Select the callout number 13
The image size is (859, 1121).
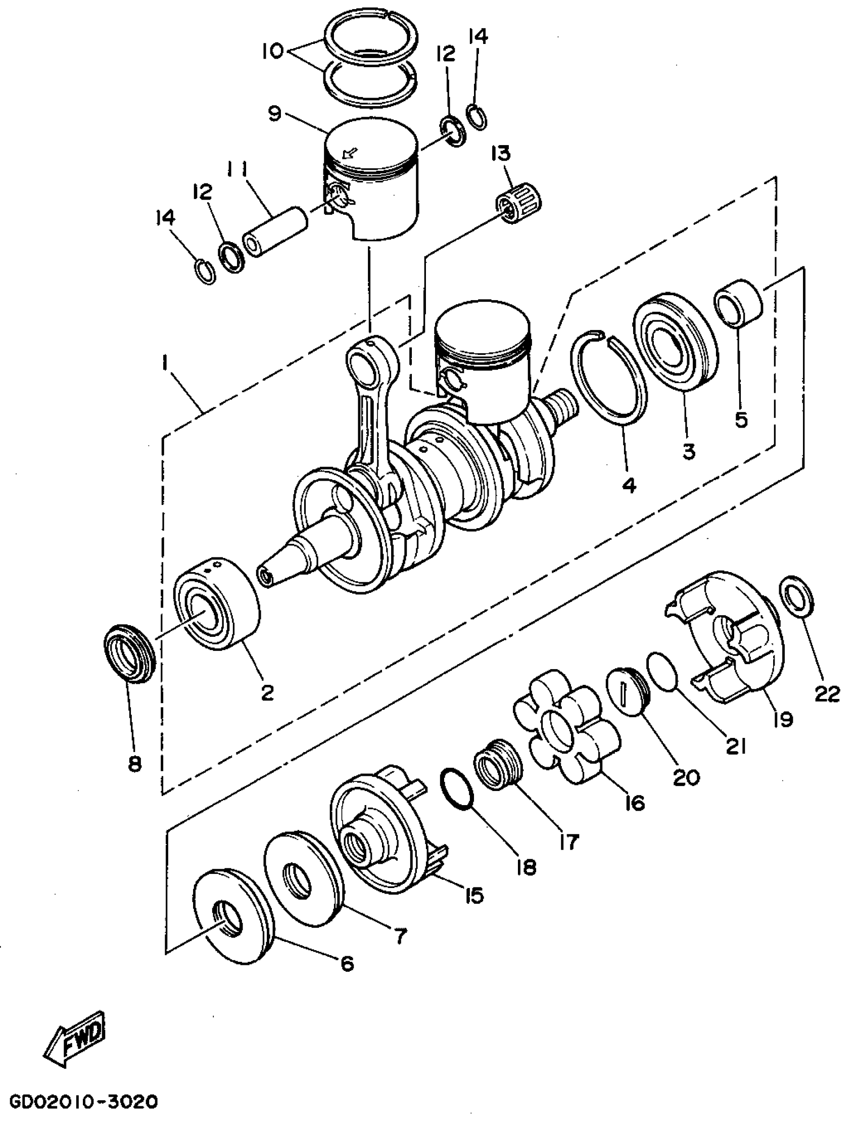(501, 153)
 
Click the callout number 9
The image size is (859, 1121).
(274, 113)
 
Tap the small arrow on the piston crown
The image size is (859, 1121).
(351, 152)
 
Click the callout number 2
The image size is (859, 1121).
(267, 693)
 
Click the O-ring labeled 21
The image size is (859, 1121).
(663, 671)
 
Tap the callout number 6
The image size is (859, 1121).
(347, 963)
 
